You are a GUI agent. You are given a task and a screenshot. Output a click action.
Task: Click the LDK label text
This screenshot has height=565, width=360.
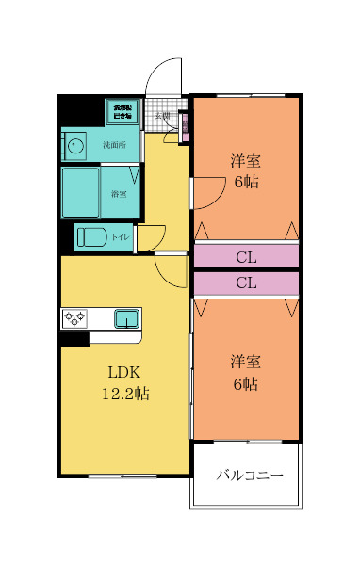(124, 371)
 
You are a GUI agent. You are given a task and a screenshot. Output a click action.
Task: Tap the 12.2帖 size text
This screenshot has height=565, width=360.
(124, 394)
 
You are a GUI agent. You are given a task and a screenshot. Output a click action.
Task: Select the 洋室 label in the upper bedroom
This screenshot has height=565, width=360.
(246, 160)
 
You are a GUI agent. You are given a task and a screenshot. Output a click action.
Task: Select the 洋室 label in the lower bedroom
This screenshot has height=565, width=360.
(246, 362)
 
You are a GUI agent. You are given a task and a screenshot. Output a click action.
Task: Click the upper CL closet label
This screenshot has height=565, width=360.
(246, 256)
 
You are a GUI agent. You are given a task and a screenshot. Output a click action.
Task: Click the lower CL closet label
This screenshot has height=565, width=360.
(246, 282)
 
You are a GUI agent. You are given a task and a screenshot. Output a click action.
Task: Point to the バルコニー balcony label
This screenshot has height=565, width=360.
(250, 476)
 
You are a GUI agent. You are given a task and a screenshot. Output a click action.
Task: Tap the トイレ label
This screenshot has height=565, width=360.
(121, 237)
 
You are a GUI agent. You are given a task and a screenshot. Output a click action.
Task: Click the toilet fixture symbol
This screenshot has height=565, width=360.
(92, 236)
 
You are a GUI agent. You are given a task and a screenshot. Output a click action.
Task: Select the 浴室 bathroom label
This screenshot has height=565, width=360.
(120, 194)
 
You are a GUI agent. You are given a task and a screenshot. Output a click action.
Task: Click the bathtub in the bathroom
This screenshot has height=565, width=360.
(81, 192)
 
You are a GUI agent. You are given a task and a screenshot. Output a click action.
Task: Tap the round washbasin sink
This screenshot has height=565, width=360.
(75, 146)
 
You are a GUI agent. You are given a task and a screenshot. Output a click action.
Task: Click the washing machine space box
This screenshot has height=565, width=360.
(123, 111)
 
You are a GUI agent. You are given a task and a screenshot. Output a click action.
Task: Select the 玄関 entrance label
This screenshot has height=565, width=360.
(163, 117)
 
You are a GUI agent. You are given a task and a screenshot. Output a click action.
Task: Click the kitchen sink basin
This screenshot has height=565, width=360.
(127, 318)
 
